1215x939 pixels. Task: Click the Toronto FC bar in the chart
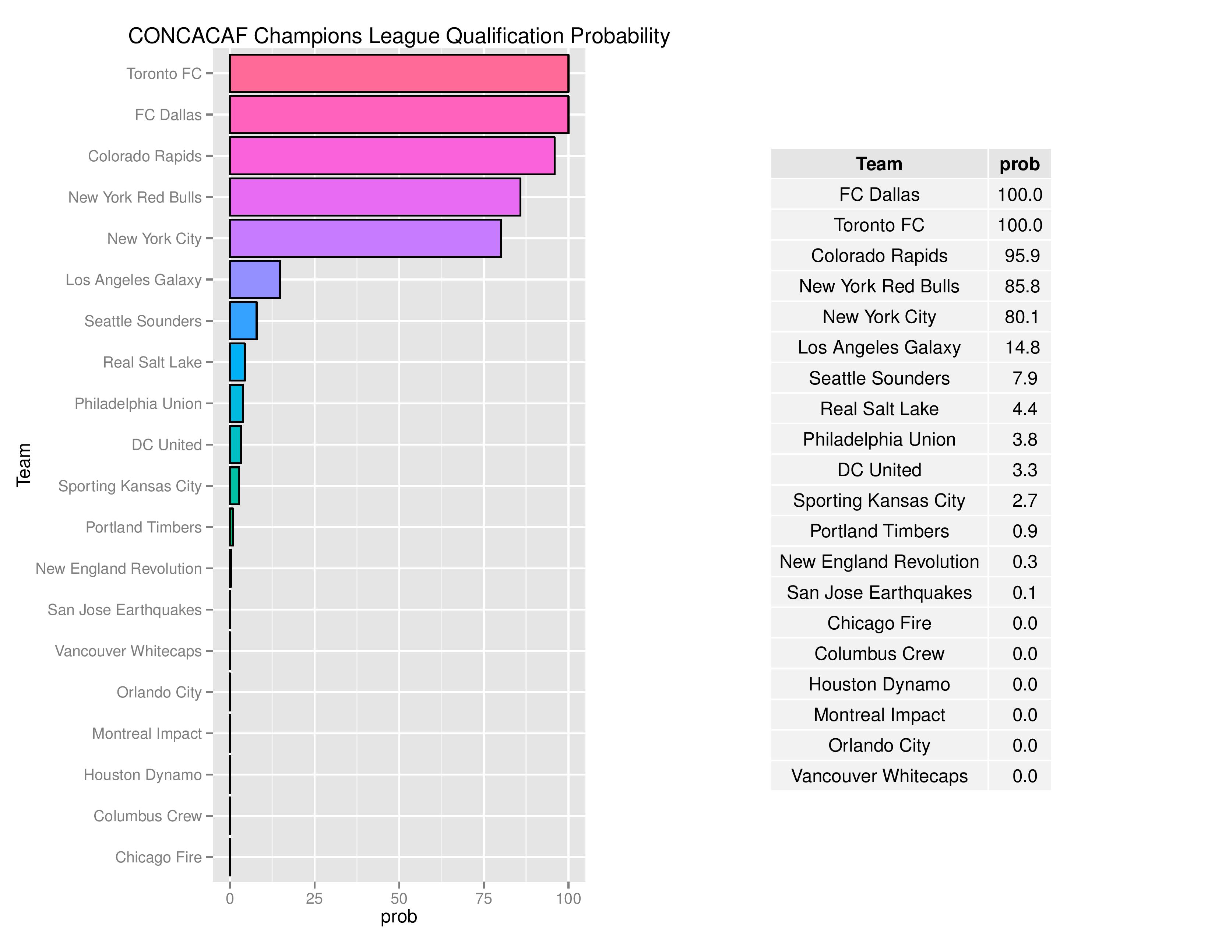[399, 73]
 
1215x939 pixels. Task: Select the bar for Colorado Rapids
[392, 156]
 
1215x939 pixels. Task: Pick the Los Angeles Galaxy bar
[255, 279]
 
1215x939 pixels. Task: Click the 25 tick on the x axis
[314, 898]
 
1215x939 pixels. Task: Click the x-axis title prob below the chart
[398, 917]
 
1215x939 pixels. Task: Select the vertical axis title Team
[23, 465]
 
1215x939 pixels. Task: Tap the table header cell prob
[1019, 164]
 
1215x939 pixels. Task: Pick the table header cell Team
[879, 164]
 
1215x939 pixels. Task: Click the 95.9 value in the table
[1022, 256]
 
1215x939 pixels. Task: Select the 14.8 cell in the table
[1022, 348]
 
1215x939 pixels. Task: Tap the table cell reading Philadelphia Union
[879, 439]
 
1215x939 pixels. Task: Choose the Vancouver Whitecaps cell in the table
[879, 776]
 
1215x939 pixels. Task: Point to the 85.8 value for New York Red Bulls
[1022, 286]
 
